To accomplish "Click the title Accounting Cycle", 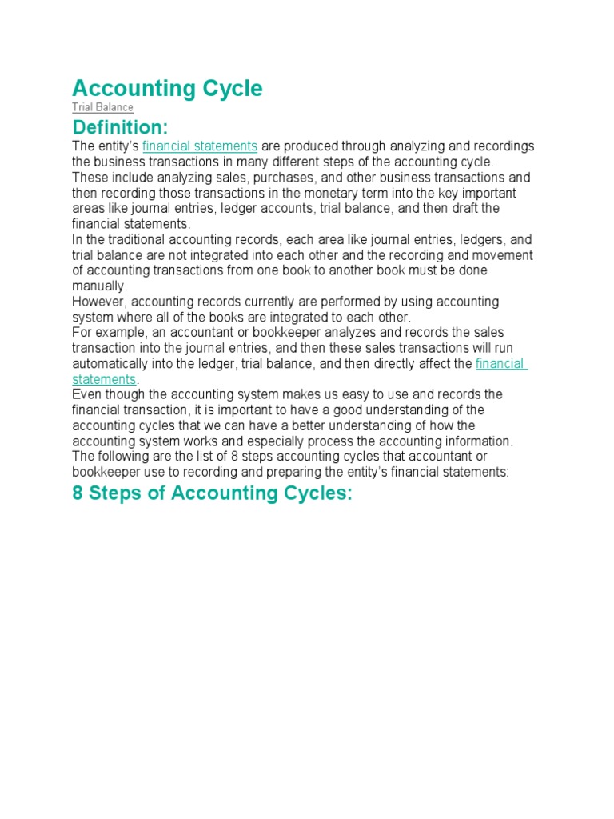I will point(167,89).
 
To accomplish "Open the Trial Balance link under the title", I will point(102,107).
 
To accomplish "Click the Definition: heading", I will point(120,127).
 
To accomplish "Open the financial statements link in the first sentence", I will point(200,146).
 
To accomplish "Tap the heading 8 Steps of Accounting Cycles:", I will point(212,493).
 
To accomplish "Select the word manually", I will point(98,286).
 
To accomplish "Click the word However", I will point(98,302).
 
